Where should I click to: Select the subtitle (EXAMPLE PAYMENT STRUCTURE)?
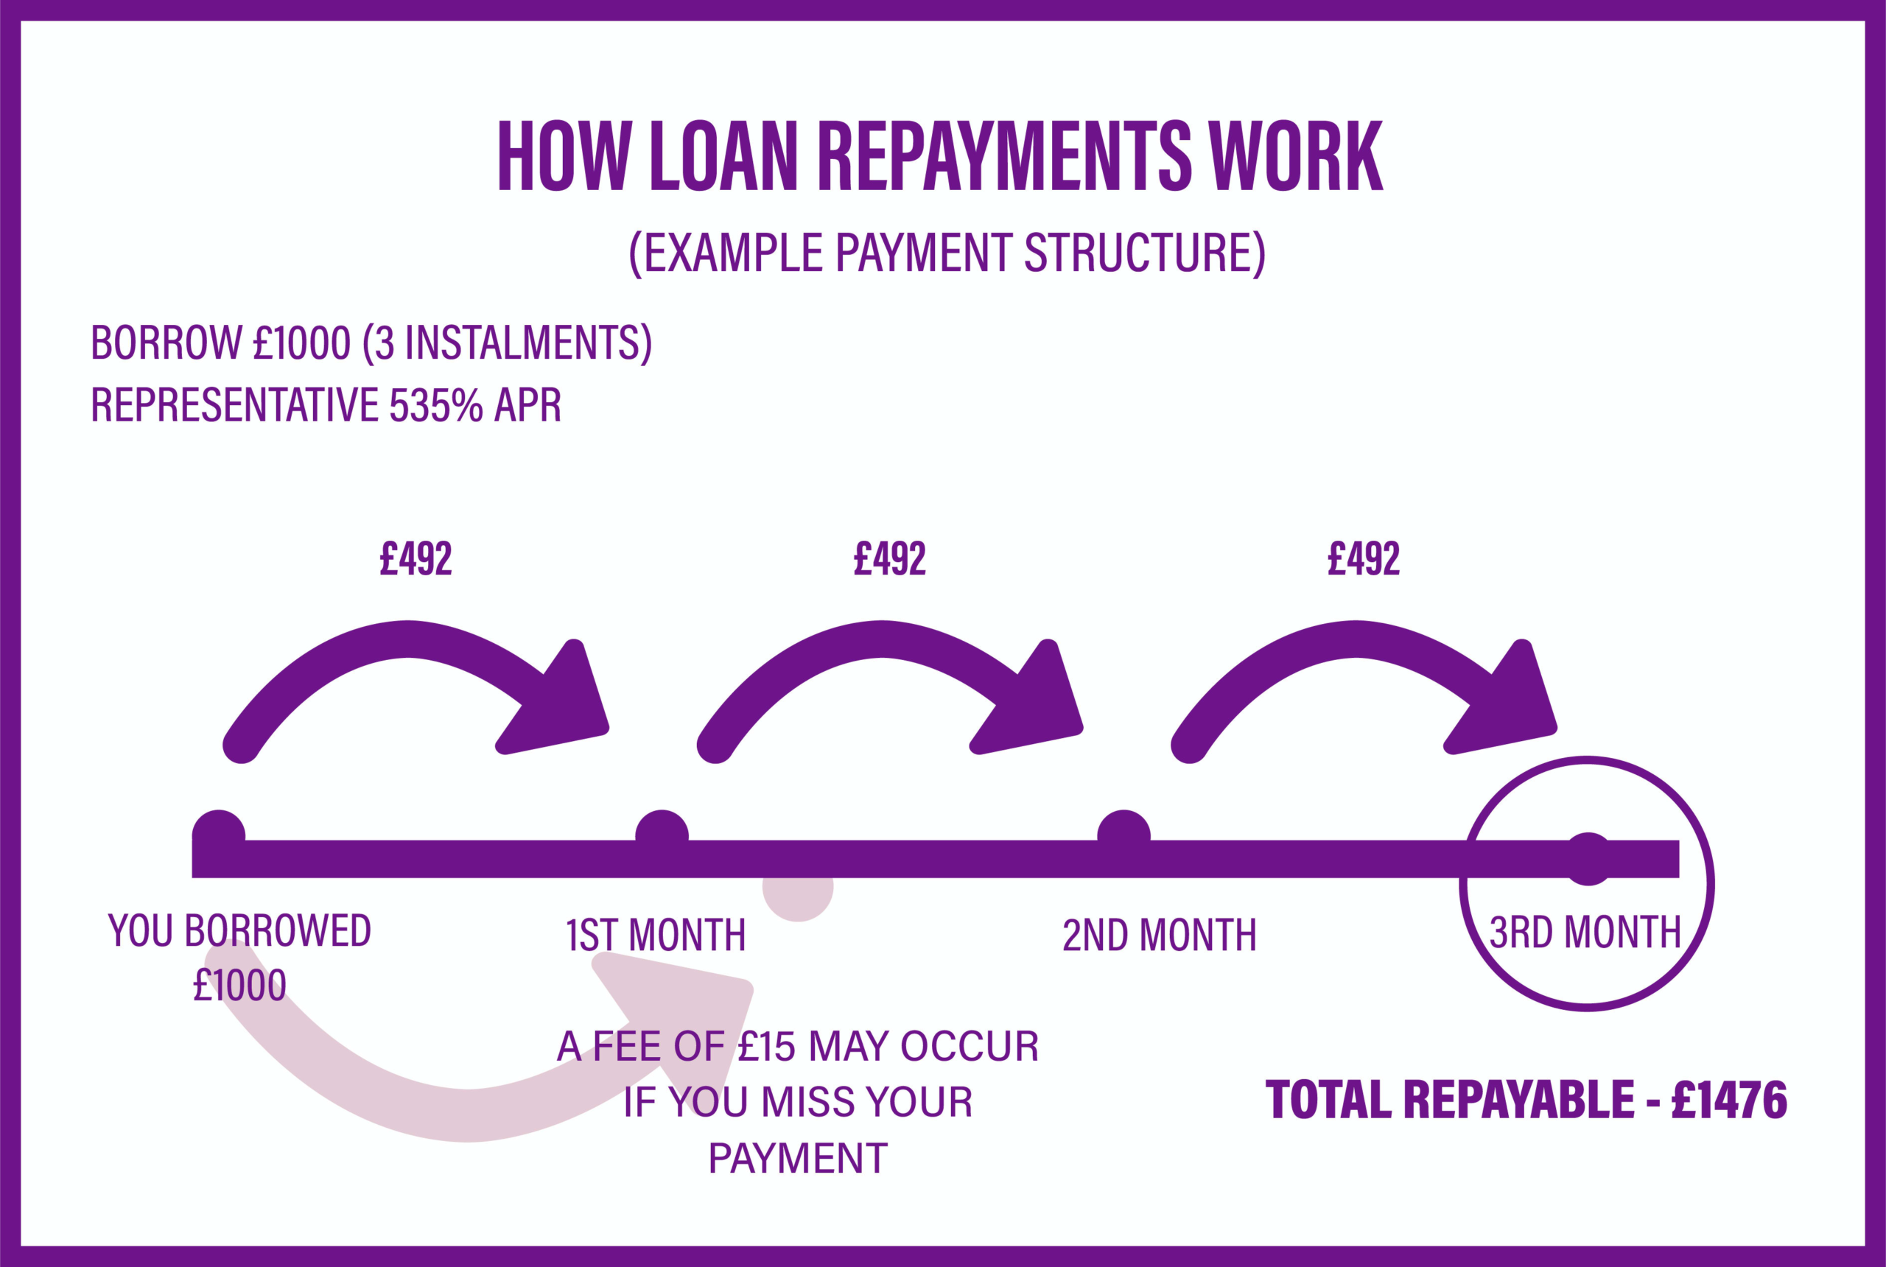coord(946,253)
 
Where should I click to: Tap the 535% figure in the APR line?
coord(435,405)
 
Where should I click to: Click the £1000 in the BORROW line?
coord(301,343)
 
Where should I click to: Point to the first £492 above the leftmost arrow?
coord(416,559)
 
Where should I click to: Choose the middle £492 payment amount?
coord(890,559)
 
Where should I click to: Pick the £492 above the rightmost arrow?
coord(1363,559)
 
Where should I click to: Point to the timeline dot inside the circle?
coord(1588,858)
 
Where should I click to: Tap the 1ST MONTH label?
coord(656,936)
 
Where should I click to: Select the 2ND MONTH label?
coord(1159,936)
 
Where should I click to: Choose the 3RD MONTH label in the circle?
coord(1585,933)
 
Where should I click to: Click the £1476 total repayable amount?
coord(1729,1100)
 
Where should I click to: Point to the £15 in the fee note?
coord(767,1047)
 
